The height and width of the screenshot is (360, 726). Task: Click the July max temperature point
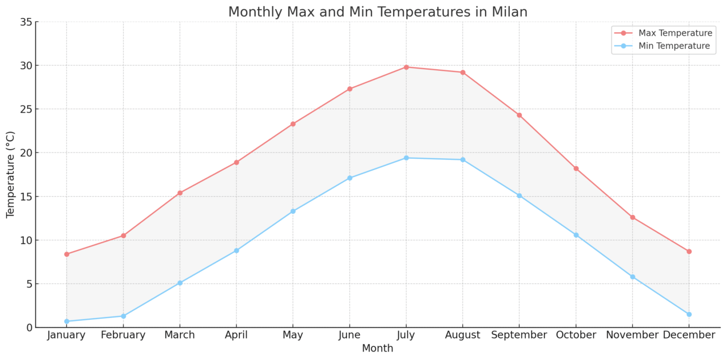[406, 67]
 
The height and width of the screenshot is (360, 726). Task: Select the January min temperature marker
[66, 321]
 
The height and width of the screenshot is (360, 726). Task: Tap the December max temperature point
[689, 251]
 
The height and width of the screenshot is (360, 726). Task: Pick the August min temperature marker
[463, 160]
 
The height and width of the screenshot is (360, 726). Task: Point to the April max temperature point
[237, 162]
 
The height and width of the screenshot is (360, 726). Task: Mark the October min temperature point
[576, 235]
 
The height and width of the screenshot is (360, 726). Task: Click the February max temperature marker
[123, 236]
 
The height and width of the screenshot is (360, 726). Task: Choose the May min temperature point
[293, 211]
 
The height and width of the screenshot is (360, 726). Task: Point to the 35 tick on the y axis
[25, 22]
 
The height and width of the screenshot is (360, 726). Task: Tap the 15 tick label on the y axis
[25, 197]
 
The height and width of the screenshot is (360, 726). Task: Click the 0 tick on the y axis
[28, 328]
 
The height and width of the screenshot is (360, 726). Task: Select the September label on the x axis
[519, 336]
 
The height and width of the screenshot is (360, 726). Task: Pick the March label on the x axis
[179, 336]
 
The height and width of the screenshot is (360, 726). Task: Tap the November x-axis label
[632, 336]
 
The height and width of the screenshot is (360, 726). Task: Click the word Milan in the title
[508, 12]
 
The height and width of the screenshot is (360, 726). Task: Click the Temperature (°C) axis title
[11, 175]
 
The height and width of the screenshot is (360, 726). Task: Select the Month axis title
[377, 349]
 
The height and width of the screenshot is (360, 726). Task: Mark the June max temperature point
[349, 89]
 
